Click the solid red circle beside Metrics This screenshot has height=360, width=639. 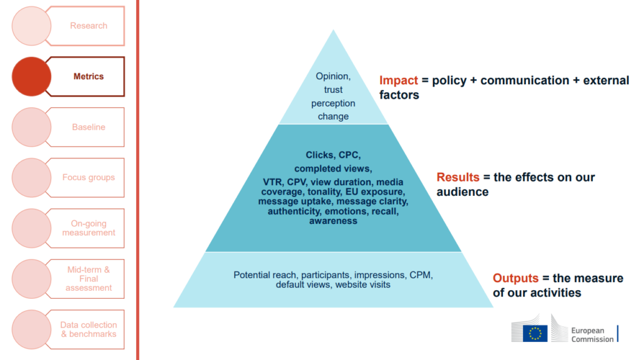click(x=31, y=77)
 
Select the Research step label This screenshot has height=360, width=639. click(x=89, y=26)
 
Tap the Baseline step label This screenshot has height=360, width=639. click(x=89, y=127)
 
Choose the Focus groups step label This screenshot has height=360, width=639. click(x=89, y=178)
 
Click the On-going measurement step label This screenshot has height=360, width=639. click(x=89, y=228)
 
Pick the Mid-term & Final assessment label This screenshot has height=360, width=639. click(x=89, y=278)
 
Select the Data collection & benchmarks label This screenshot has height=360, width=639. click(x=89, y=329)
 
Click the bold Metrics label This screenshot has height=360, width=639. click(x=89, y=77)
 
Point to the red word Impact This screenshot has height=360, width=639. click(x=399, y=80)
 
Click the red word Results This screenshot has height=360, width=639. click(x=457, y=178)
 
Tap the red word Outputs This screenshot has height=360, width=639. click(x=515, y=278)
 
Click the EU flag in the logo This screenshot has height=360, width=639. click(x=535, y=333)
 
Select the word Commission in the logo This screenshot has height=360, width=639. click(x=592, y=339)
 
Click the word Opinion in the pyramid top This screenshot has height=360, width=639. click(x=333, y=76)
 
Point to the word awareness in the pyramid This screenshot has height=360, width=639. click(x=333, y=221)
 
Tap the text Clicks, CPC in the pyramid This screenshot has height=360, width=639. click(x=333, y=155)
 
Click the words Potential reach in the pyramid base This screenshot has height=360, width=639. click(x=265, y=275)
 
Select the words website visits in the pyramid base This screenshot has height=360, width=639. click(x=363, y=285)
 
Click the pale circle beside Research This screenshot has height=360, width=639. click(x=31, y=26)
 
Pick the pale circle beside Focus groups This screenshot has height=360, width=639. click(x=31, y=178)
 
